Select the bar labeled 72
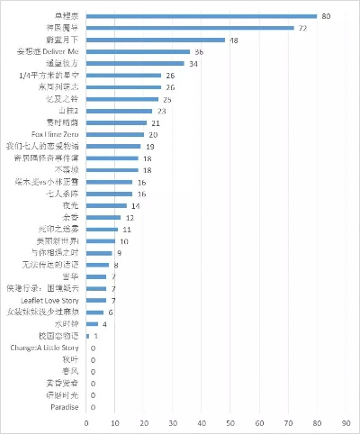tap(190, 28)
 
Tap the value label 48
tap(234, 41)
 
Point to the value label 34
tap(193, 64)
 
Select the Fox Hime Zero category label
tap(56, 134)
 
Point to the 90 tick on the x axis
tap(346, 422)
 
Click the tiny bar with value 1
tap(88, 335)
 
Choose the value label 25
tap(166, 99)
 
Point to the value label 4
tap(105, 323)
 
